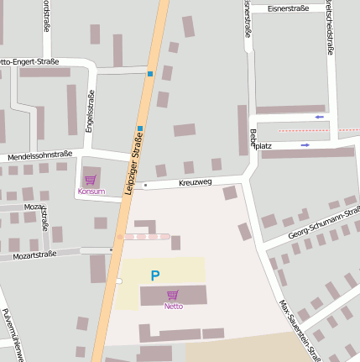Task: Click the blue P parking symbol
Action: pyautogui.click(x=154, y=275)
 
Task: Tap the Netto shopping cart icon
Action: pyautogui.click(x=173, y=295)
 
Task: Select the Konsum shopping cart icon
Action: pyautogui.click(x=91, y=180)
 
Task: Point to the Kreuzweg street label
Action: pyautogui.click(x=196, y=181)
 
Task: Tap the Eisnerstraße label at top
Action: pyautogui.click(x=288, y=8)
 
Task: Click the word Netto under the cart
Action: pyautogui.click(x=173, y=307)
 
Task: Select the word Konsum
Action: pyautogui.click(x=91, y=191)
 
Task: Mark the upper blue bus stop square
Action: pyautogui.click(x=150, y=74)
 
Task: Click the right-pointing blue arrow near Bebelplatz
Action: pyautogui.click(x=305, y=144)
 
